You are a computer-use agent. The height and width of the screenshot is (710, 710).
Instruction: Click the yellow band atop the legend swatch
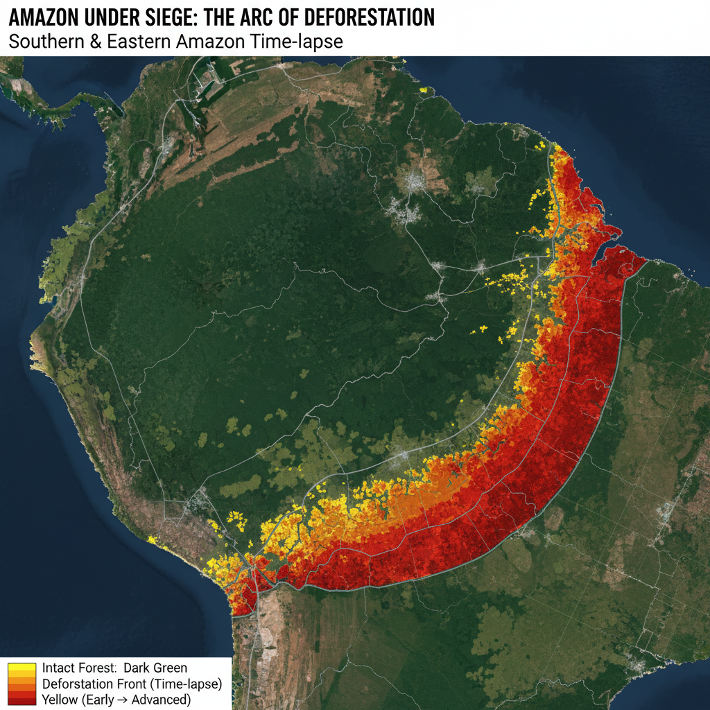coord(21,667)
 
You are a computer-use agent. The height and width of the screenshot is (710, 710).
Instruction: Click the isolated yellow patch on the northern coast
coord(423,89)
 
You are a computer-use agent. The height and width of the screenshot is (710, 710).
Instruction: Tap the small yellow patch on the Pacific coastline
coord(151,539)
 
